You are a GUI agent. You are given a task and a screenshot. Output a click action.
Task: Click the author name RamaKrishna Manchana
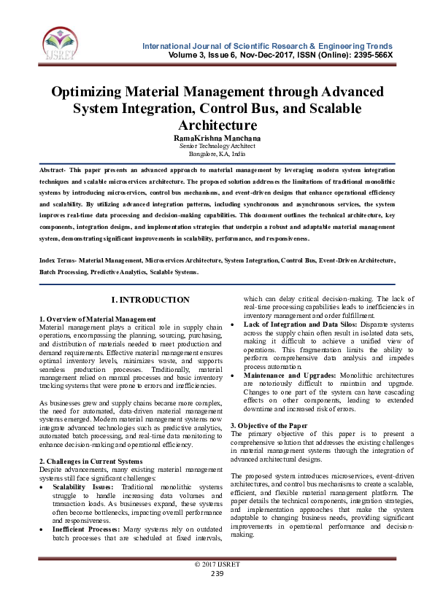217,137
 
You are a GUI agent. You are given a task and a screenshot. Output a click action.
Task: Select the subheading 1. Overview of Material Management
97,319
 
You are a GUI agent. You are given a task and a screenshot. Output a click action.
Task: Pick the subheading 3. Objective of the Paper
273,425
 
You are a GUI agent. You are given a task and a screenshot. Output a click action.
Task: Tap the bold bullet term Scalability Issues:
83,486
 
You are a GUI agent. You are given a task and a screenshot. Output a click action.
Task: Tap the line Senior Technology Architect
217,146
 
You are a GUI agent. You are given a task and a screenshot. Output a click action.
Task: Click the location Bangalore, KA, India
217,154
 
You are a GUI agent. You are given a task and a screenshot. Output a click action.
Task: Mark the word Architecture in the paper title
217,125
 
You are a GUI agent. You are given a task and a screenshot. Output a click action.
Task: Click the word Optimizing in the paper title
90,93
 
